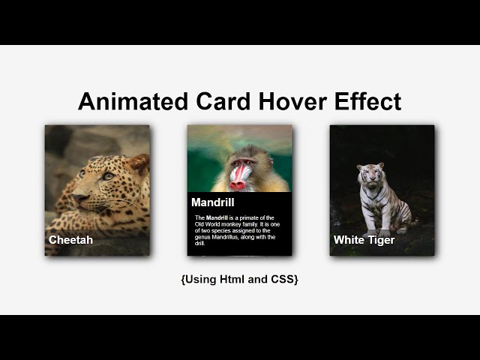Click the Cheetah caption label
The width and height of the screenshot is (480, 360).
[70, 240]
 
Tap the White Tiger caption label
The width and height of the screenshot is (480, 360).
[364, 240]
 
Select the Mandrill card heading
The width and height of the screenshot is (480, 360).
[212, 202]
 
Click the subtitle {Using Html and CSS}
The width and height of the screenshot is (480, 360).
[239, 279]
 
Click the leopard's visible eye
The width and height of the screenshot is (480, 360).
[107, 175]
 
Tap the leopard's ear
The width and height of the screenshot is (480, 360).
[139, 163]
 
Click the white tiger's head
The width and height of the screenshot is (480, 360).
[370, 174]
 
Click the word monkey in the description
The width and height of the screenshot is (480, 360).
[237, 224]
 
